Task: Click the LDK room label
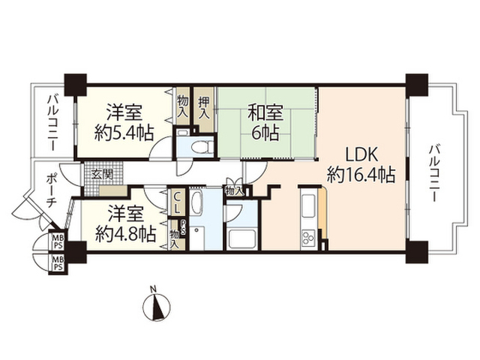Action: (x=361, y=155)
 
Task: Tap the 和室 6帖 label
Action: (x=265, y=122)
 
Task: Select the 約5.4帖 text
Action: (x=124, y=133)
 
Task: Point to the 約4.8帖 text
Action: (x=125, y=234)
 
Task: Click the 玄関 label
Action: (x=102, y=175)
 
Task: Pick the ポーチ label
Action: (x=50, y=190)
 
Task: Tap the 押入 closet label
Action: (x=204, y=108)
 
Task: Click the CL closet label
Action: (x=177, y=202)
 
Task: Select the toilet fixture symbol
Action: (x=202, y=147)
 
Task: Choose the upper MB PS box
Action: (x=57, y=242)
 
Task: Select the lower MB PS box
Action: (x=57, y=263)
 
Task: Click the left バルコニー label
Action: (x=52, y=123)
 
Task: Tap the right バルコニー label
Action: (x=434, y=173)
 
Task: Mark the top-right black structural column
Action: (x=417, y=85)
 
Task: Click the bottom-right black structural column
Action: (x=417, y=252)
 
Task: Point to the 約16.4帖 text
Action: (x=361, y=175)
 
